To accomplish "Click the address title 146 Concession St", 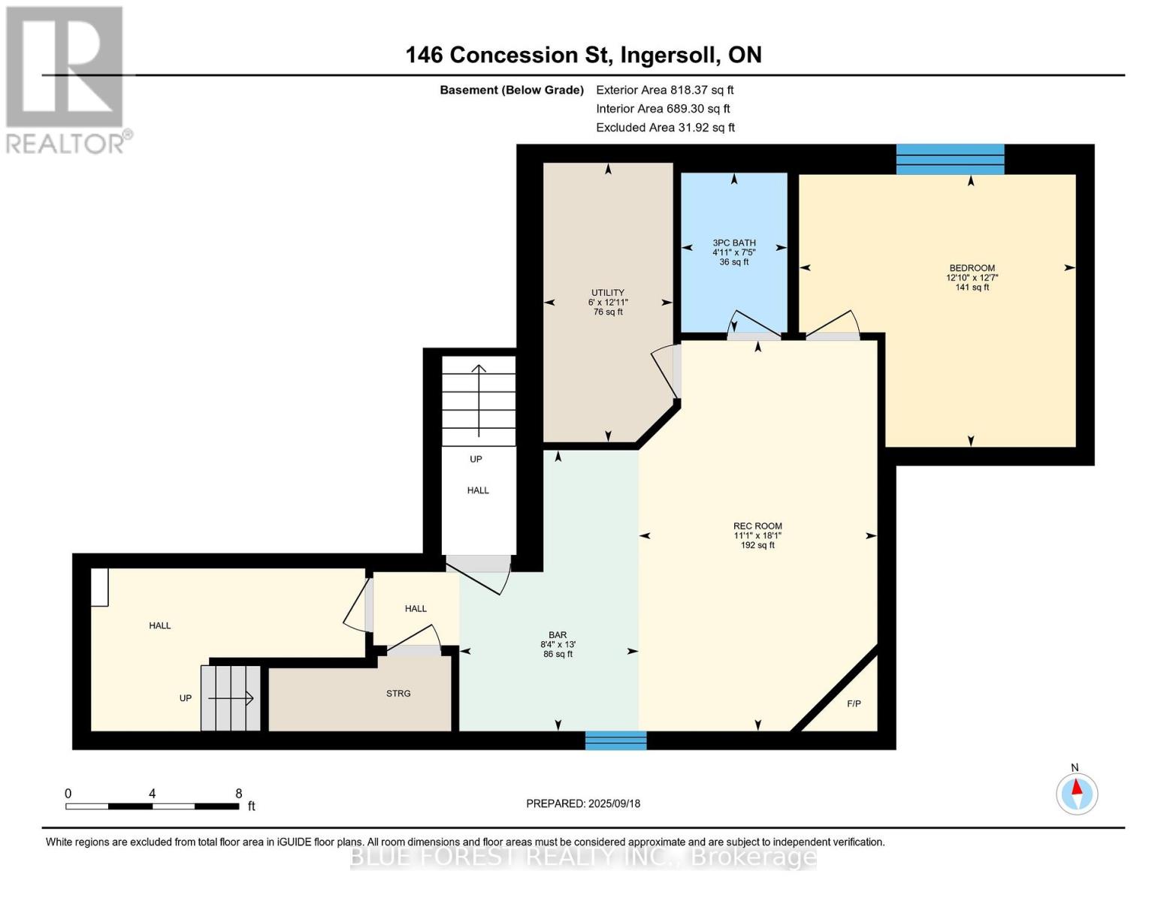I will click(583, 55).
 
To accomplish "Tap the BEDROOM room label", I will click(972, 268).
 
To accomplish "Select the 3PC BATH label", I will click(734, 243).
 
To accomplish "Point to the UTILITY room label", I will click(608, 293).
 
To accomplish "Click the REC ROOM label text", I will click(757, 526).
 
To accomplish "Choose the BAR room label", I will click(558, 635).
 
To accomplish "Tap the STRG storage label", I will click(398, 694).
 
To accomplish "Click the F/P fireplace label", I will click(854, 704).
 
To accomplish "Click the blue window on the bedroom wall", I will click(950, 159).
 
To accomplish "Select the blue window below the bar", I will click(616, 740).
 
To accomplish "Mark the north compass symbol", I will click(1077, 793).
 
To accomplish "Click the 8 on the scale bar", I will click(239, 794).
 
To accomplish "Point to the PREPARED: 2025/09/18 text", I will click(583, 803).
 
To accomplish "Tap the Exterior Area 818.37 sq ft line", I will click(664, 90).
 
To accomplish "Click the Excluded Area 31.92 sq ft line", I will click(665, 128).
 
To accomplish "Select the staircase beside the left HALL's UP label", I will click(231, 698).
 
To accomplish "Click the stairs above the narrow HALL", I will click(479, 401).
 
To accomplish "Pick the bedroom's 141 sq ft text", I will click(972, 288).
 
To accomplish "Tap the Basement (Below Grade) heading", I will click(512, 90).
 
